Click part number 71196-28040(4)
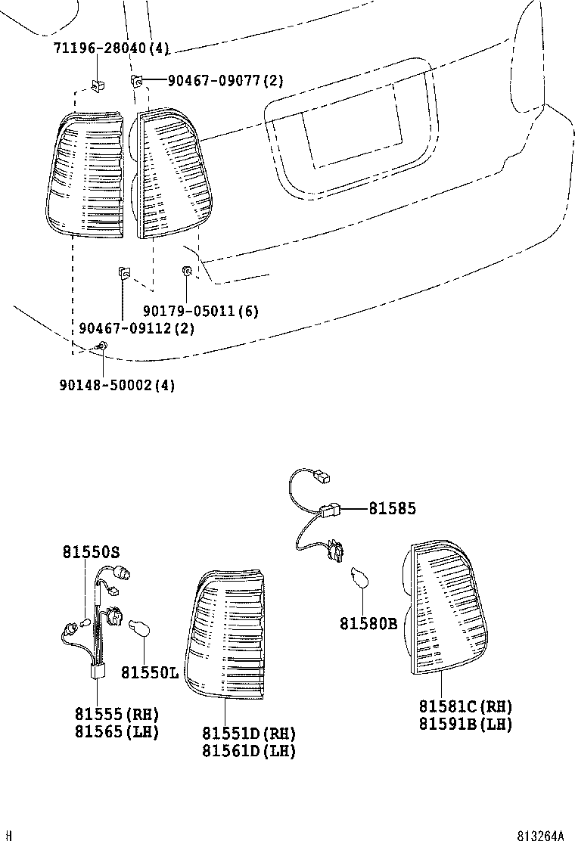[111, 48]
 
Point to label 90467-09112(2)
[136, 328]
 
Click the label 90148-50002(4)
[117, 385]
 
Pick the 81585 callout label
[392, 509]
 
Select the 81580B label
[368, 624]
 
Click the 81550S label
[91, 553]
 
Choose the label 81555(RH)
[117, 714]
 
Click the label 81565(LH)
[117, 731]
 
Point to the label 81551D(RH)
[248, 734]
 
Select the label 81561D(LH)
[248, 751]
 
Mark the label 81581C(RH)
[465, 706]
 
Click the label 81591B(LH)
[465, 724]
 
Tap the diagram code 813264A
[540, 835]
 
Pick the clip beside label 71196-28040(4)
[97, 85]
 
